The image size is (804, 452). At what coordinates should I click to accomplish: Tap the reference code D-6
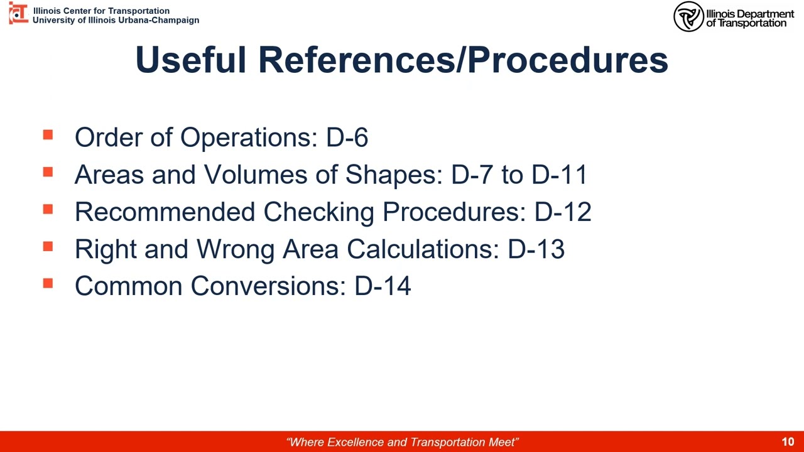[347, 137]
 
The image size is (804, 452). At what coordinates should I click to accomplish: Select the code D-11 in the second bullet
[559, 175]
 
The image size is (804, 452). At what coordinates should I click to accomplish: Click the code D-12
[563, 212]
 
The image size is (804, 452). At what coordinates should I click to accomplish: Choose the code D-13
[536, 249]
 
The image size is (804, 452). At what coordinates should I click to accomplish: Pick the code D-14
[383, 286]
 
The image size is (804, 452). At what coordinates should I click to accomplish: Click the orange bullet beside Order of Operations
[48, 135]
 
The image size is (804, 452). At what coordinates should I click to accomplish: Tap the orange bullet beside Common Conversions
[48, 283]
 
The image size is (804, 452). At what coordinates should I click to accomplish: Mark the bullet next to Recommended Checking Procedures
[48, 209]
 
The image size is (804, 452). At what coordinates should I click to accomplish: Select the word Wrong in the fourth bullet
[236, 249]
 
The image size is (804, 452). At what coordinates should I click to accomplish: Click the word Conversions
[268, 286]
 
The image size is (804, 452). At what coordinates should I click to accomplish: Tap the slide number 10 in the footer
[788, 442]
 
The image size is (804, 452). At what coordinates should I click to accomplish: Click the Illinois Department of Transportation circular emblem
[688, 16]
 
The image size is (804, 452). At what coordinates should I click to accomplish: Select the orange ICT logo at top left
[18, 13]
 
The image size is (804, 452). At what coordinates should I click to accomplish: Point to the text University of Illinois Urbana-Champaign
[116, 20]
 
